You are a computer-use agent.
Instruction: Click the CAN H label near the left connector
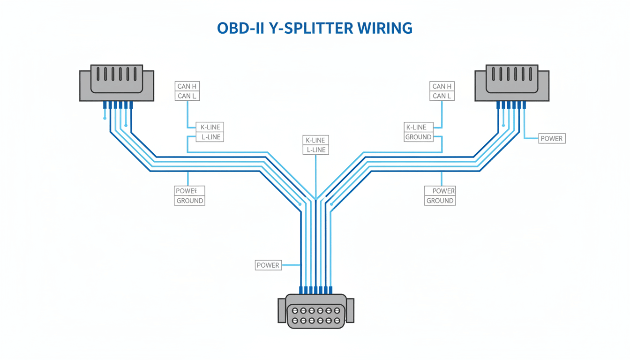coord(187,86)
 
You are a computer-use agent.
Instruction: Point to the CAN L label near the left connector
coord(187,96)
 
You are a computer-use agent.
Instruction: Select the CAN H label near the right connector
coord(442,86)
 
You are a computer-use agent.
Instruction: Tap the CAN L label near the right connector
coord(442,96)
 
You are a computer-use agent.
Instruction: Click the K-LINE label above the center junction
coord(315,140)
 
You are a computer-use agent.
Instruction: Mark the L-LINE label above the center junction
coord(315,150)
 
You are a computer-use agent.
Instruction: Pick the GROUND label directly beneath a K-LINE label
coord(418,137)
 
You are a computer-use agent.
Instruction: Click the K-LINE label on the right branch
coord(416,127)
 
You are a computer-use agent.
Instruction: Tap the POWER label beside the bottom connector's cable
coord(268,265)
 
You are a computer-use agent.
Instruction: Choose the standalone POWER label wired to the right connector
coord(552,139)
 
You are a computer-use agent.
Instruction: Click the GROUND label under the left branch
coord(189,201)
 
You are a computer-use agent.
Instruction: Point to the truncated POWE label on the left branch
coord(189,191)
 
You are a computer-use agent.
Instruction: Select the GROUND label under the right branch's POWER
coord(440,201)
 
